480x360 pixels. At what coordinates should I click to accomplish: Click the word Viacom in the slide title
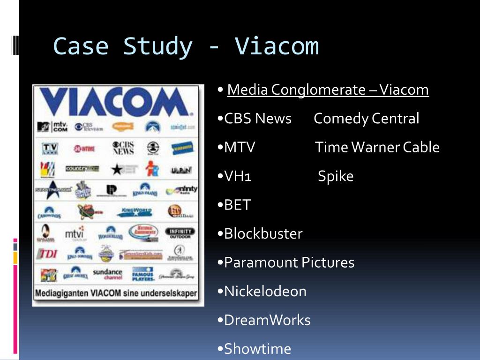pos(277,46)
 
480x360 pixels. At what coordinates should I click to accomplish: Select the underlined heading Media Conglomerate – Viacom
pos(328,90)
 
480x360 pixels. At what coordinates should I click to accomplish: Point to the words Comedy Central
pos(366,119)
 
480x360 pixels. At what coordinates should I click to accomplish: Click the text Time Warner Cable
pos(377,147)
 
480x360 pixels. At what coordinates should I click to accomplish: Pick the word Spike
pos(336,176)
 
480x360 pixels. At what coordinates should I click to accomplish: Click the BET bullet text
pos(237,205)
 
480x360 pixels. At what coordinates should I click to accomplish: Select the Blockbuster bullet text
pos(263,233)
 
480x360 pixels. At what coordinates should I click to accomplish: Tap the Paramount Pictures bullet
pos(289,262)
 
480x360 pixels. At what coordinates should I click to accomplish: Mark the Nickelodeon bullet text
pos(265,291)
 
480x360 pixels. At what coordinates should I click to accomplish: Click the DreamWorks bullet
pos(267,320)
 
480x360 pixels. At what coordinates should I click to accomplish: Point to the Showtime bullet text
pos(257,349)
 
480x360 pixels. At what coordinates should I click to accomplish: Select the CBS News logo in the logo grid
pos(123,148)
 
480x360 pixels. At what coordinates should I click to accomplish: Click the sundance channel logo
pos(107,274)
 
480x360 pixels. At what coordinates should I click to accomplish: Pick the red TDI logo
pos(47,254)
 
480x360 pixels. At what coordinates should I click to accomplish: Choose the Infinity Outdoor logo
pos(180,232)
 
